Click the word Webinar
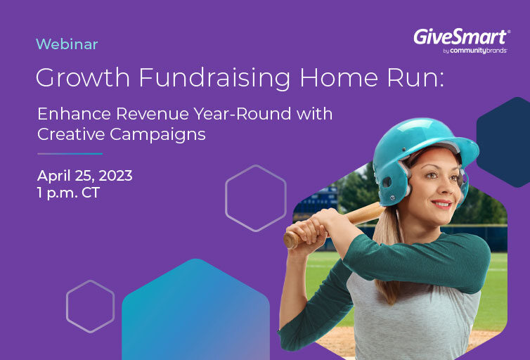tap(67, 44)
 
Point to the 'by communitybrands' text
tap(475, 51)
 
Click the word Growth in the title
tap(83, 78)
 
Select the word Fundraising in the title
tap(214, 78)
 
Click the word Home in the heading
tap(339, 77)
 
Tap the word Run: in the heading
tap(415, 77)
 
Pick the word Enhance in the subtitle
tap(74, 114)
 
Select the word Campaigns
tap(157, 134)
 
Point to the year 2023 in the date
tap(115, 176)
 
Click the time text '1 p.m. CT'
tap(68, 193)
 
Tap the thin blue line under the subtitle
tap(70, 154)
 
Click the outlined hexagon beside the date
tap(226, 198)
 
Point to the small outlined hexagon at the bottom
tap(67, 307)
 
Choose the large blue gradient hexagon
tap(195, 311)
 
